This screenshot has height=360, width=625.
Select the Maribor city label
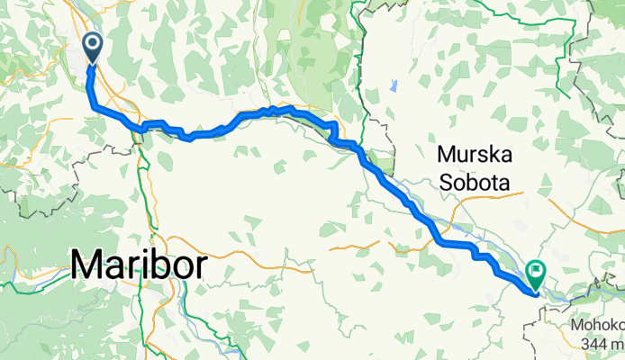pos(139,265)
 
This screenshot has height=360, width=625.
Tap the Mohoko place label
pos(597,325)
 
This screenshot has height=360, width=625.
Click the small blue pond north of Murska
pos(394,87)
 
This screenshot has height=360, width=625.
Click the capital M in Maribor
pos(87,265)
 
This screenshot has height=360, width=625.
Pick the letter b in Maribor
pos(161,265)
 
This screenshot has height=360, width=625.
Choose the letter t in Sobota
pos(494,183)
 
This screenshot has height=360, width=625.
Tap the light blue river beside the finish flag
pos(558,292)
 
